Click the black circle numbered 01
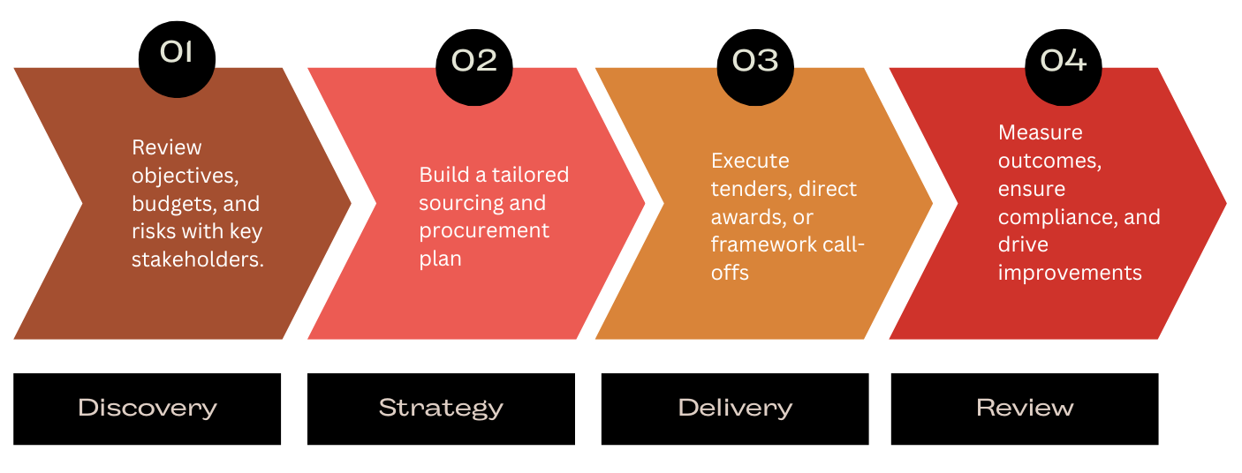[177, 59]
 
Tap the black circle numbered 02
[474, 67]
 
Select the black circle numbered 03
[755, 67]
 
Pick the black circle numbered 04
[1064, 67]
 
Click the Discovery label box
[147, 409]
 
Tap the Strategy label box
[441, 409]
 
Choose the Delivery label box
[735, 409]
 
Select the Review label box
[1025, 409]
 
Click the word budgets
[175, 204]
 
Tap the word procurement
[484, 231]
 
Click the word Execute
[750, 161]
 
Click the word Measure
[1041, 132]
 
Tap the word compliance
[1056, 218]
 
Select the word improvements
[1070, 273]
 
